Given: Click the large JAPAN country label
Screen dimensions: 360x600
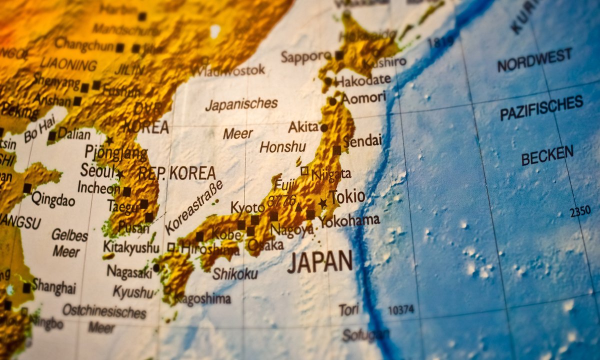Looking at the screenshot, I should [320, 261].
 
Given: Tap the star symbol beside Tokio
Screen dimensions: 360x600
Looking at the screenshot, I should [322, 203].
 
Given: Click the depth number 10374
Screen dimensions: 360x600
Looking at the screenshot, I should [401, 310].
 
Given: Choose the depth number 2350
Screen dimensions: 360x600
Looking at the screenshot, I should [580, 211].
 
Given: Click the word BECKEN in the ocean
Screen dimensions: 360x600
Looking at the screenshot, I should [547, 155].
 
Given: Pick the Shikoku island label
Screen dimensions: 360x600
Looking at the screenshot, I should [235, 273].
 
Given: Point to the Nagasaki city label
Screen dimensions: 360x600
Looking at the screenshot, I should [129, 271].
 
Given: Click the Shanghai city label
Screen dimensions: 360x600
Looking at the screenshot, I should [54, 286].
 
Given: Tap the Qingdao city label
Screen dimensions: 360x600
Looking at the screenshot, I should [53, 199].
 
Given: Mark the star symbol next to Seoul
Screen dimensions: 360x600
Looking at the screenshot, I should [120, 174].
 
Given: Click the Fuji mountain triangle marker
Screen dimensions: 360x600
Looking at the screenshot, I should [298, 207].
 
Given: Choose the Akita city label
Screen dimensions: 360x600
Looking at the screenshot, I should [303, 127].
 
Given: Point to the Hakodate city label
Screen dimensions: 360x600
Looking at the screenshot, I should [363, 80].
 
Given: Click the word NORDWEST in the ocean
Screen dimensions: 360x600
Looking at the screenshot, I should [534, 60].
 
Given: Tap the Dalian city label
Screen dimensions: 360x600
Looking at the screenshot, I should [74, 133].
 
